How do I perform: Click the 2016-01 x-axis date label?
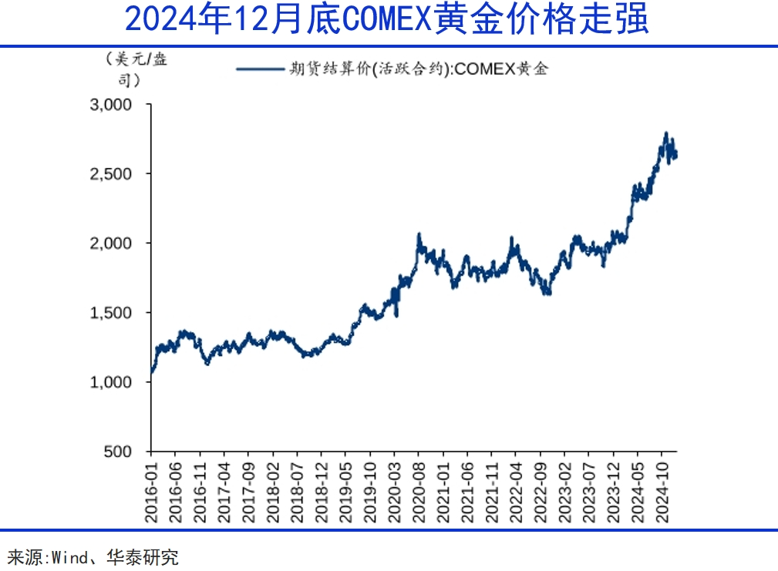tap(151, 492)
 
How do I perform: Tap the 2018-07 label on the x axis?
tap(297, 492)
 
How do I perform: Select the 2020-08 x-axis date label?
tap(419, 492)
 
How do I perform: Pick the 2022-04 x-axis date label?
tap(516, 492)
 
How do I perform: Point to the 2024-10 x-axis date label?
tap(662, 492)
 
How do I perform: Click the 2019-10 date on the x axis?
tap(370, 492)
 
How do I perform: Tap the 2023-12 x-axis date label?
tap(613, 492)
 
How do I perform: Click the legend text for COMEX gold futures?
tap(419, 69)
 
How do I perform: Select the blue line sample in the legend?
tap(260, 69)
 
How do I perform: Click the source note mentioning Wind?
tap(93, 556)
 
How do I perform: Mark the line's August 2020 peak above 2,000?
tap(419, 234)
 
